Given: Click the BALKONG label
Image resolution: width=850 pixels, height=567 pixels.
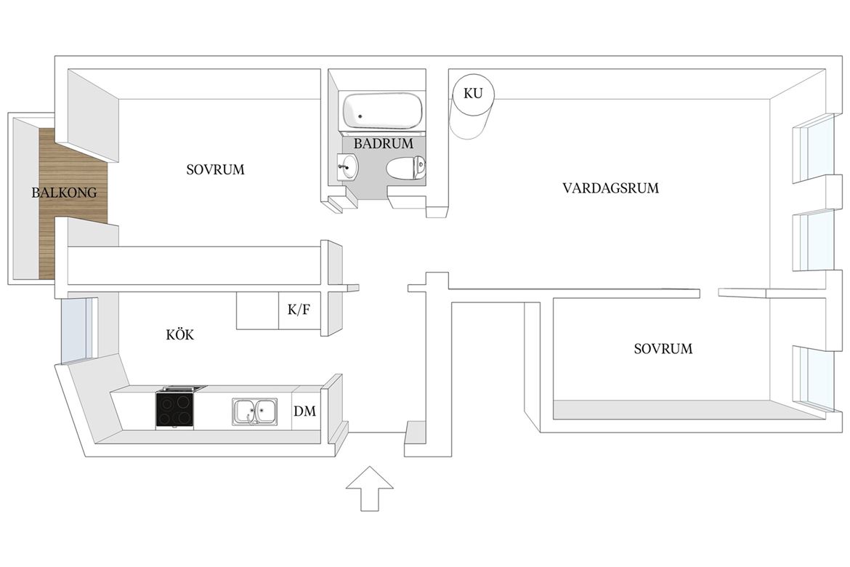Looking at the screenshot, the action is [x=64, y=193].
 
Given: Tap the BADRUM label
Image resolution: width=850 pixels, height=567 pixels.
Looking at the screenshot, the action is [x=384, y=144].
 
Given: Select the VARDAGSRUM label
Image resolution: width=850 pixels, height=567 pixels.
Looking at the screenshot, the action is [x=610, y=188].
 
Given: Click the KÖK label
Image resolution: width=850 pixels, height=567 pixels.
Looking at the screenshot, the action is [x=180, y=334].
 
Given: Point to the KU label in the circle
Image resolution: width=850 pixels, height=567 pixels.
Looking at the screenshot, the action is [x=473, y=93].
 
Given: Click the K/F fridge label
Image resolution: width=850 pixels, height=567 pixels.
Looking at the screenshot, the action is [x=299, y=310].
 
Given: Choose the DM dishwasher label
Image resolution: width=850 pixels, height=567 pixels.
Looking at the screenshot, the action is [x=304, y=411].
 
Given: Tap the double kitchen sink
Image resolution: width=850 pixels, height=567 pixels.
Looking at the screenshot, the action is [x=255, y=412].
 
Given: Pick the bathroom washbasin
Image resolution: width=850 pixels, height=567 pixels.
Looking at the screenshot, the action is [x=347, y=166].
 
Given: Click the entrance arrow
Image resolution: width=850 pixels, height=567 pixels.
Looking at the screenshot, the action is [x=370, y=488].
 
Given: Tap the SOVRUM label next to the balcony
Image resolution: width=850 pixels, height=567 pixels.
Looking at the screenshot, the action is [x=215, y=170].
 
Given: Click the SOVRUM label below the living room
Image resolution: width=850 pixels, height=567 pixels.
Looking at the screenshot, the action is [x=663, y=348].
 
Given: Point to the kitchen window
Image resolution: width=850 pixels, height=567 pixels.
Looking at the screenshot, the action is [x=74, y=330].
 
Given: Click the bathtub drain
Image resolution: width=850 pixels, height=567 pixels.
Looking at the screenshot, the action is [x=360, y=116].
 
